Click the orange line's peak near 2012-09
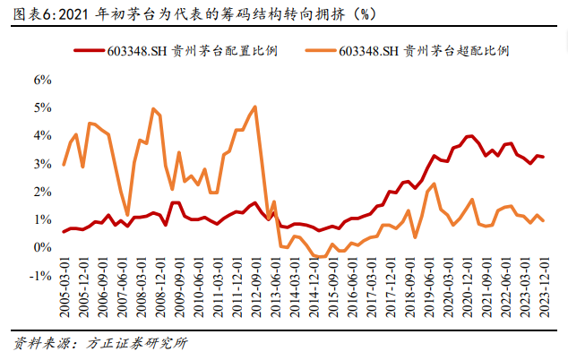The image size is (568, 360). pos(255,107)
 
